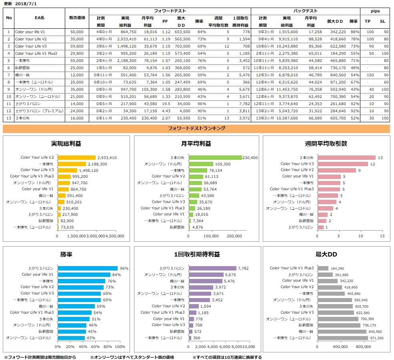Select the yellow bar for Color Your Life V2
tap(77, 157)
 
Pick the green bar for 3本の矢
tap(215, 157)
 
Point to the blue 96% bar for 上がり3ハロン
tap(88, 269)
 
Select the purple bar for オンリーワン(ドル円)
tap(206, 275)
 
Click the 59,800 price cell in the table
tap(77, 46)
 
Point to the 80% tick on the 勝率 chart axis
tap(108, 346)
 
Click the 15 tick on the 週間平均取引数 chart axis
tap(382, 237)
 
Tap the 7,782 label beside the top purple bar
tap(244, 269)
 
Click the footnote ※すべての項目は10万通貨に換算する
tap(227, 357)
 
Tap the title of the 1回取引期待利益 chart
tap(197, 254)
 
